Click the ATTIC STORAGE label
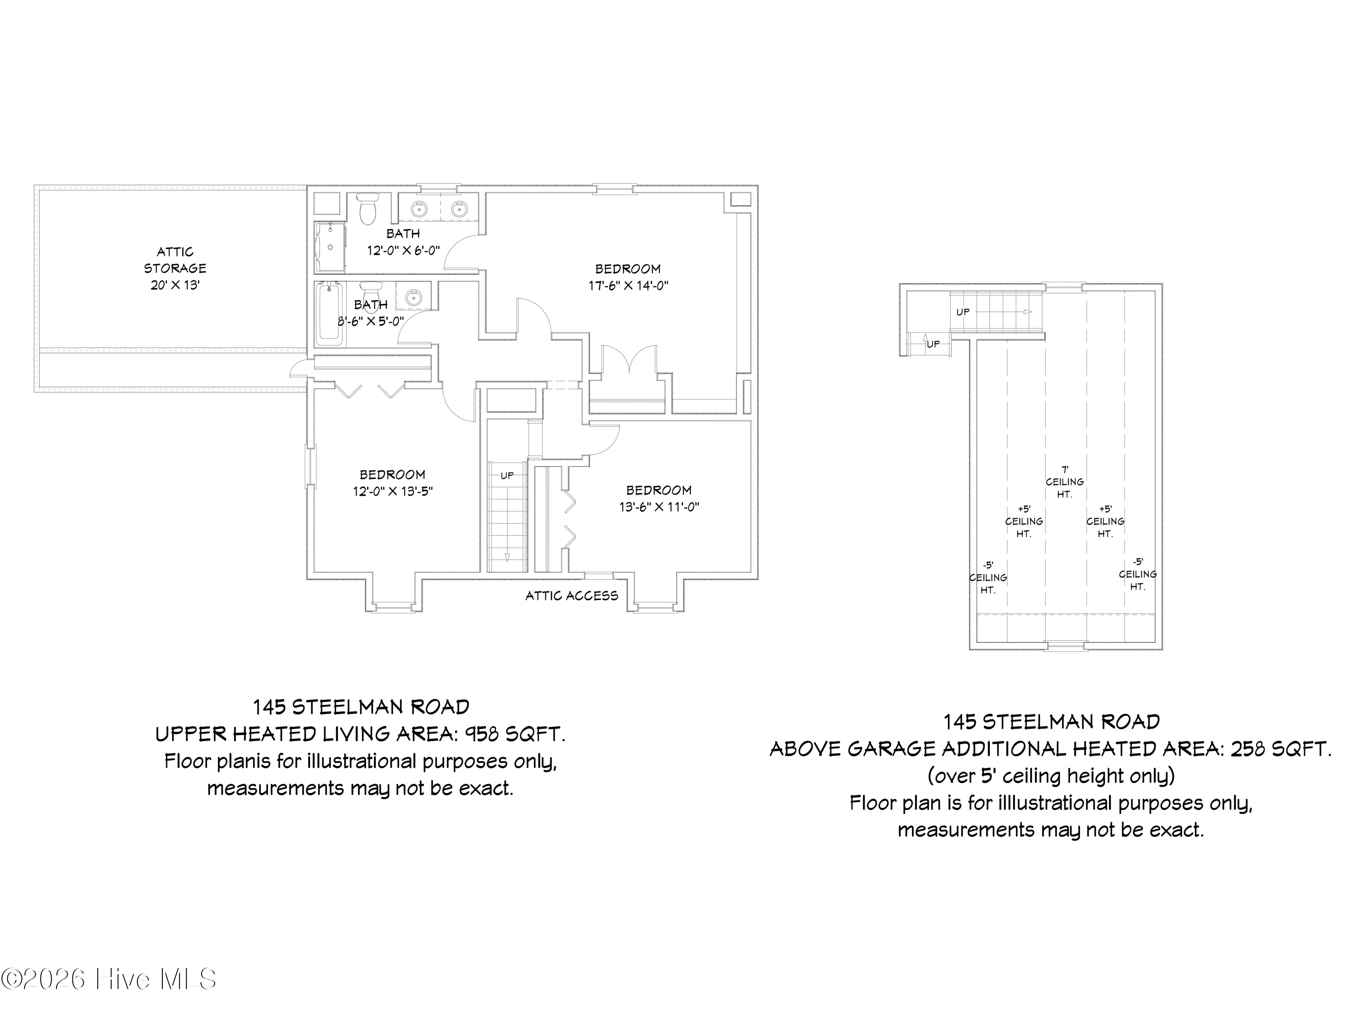click(175, 260)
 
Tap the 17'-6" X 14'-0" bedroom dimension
click(628, 286)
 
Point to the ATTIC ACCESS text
click(571, 596)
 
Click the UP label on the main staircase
click(507, 476)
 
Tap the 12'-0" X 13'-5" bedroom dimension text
click(393, 492)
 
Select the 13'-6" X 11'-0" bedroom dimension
click(659, 507)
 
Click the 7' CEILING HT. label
click(1064, 482)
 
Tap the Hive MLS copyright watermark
click(109, 979)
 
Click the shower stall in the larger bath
click(330, 247)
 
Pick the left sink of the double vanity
click(419, 208)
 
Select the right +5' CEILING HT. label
click(1105, 521)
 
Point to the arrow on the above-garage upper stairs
click(1027, 312)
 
